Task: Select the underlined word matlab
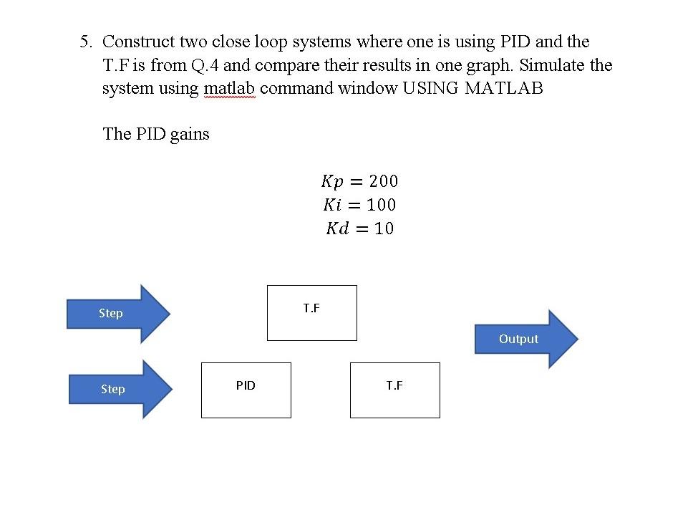point(229,89)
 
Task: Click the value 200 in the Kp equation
point(384,180)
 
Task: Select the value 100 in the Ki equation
point(381,205)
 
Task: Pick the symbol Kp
point(335,180)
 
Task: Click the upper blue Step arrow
point(118,314)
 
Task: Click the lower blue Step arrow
point(120,390)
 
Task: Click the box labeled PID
point(246,390)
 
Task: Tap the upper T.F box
point(311,312)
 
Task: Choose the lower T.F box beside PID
point(394,390)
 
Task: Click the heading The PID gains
point(156,134)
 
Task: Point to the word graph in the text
point(489,65)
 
